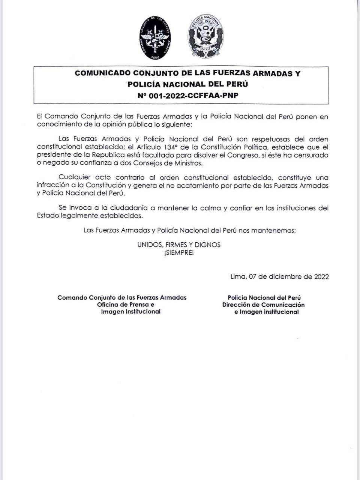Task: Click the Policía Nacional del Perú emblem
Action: (205, 38)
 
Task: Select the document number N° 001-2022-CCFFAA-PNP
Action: (188, 95)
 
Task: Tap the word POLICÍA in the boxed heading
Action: (144, 84)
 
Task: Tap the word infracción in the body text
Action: (52, 186)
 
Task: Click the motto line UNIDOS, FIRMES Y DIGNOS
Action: (179, 244)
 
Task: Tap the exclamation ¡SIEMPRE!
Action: (179, 253)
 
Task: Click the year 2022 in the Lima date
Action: (321, 277)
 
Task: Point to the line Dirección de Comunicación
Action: (263, 305)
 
